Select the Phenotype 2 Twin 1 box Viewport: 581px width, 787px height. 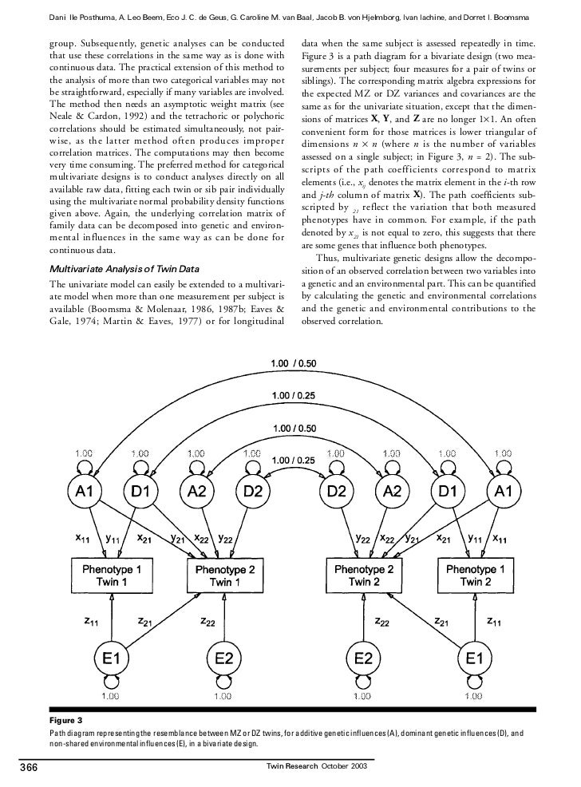coord(220,575)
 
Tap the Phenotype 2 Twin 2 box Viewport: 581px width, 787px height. coord(364,575)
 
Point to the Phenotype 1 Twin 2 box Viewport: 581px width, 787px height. coord(474,575)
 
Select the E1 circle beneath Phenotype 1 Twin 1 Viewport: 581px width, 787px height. coord(112,659)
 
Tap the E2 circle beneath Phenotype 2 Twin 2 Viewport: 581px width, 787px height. coord(364,659)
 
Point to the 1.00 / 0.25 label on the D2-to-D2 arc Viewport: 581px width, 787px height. coord(294,460)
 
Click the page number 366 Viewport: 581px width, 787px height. coord(31,769)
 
